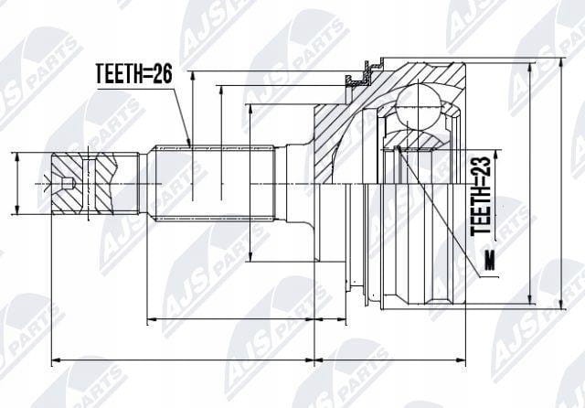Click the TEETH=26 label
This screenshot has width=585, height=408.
point(134,73)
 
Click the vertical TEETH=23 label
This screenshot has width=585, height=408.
point(481,196)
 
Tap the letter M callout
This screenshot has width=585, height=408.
point(489,260)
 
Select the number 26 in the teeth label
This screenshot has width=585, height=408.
point(162,73)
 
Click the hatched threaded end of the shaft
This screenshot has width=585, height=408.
point(83,183)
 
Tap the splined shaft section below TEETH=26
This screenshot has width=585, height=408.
point(215,183)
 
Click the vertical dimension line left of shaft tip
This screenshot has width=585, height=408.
point(16,183)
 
